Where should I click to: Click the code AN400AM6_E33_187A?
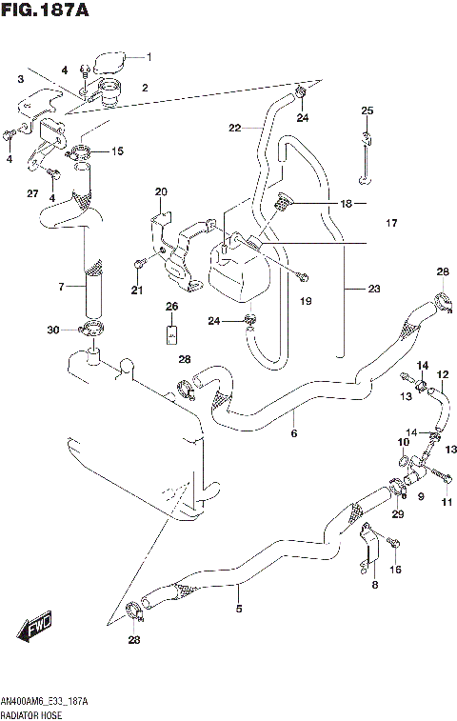[45, 700]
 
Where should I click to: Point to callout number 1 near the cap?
[148, 57]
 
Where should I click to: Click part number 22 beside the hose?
[234, 128]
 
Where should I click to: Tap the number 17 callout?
[390, 224]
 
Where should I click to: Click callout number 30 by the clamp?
[54, 330]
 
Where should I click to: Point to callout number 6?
[293, 433]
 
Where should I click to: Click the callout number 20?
[161, 191]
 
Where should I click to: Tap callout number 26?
[171, 306]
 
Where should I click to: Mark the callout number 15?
[117, 151]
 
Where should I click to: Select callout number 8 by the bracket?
[374, 585]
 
